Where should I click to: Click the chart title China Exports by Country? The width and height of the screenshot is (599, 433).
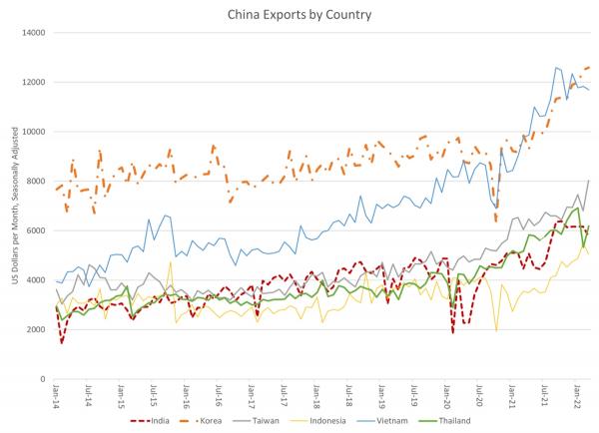coord(299,15)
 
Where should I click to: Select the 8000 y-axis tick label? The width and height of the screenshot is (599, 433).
coord(35,181)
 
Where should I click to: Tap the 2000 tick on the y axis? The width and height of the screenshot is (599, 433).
coord(35,329)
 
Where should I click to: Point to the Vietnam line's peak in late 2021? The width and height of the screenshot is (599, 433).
coord(556,67)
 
